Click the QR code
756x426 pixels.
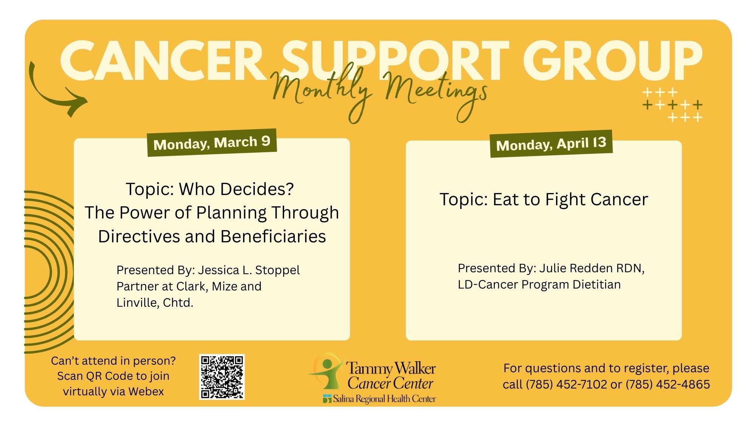[x=222, y=377]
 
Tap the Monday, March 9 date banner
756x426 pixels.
[x=212, y=142]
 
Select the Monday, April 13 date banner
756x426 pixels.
[x=551, y=144]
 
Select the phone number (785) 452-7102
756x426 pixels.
[x=566, y=384]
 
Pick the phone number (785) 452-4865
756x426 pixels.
[x=668, y=384]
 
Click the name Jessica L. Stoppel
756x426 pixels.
[x=249, y=270]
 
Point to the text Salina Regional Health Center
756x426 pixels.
[x=384, y=399]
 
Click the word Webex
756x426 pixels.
[x=146, y=391]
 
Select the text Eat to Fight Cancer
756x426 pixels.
[x=570, y=200]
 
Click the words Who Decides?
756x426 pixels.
[x=236, y=189]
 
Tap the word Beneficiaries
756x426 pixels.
[x=273, y=236]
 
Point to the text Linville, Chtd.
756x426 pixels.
[x=155, y=303]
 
